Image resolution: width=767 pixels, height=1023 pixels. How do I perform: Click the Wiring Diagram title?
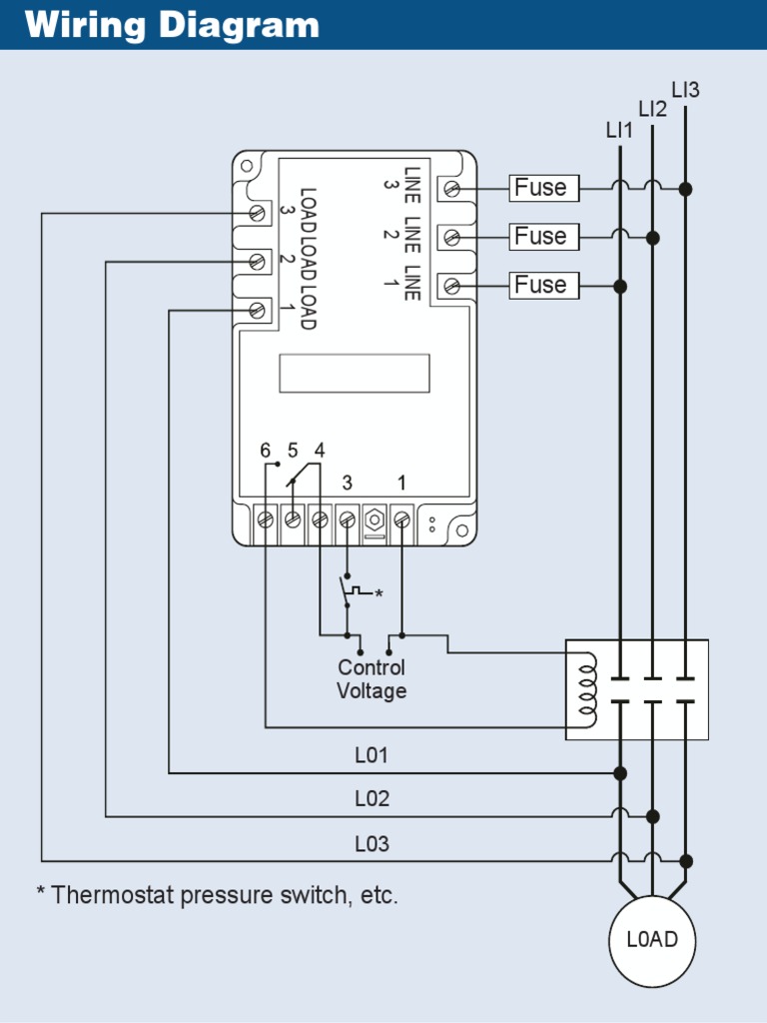pos(172,25)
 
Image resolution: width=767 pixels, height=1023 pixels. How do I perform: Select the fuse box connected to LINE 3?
pos(544,188)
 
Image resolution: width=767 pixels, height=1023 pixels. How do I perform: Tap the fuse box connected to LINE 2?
pos(544,237)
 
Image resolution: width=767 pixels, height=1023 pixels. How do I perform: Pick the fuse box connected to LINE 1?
pos(544,285)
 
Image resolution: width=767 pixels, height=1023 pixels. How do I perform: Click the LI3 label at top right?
pos(685,90)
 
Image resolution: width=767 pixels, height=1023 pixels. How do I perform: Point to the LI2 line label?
pos(652,109)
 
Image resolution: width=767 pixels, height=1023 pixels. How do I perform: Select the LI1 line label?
pos(619,130)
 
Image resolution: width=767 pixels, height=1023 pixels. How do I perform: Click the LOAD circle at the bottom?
pos(652,940)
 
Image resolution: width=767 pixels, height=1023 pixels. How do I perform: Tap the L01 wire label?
pos(372,756)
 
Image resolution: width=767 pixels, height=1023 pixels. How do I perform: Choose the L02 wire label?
pos(372,799)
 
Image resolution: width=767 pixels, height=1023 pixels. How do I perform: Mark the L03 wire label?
pos(372,844)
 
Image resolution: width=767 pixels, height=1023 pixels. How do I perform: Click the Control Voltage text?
pos(372,679)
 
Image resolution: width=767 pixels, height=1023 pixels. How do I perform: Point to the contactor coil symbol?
pos(588,690)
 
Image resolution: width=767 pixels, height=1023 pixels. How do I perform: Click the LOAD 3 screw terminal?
pos(258,213)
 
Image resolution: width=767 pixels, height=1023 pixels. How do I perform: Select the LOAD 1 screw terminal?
pos(258,310)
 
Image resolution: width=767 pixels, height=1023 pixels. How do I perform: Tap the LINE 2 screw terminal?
pos(451,237)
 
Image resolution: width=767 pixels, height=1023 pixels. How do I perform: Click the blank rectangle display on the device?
pos(354,373)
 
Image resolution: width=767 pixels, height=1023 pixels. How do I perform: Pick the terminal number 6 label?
pos(265,451)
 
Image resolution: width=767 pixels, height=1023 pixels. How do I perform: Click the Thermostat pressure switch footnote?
pos(218,895)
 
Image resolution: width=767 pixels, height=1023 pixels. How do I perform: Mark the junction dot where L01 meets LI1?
pos(620,773)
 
